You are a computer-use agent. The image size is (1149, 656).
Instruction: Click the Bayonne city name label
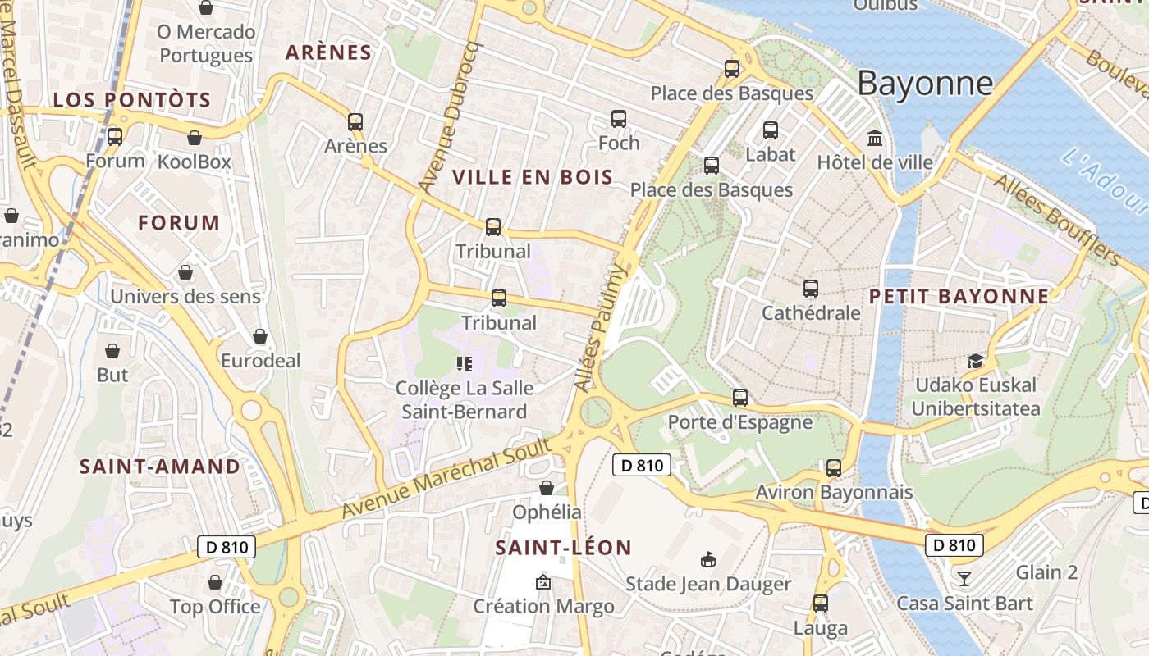(x=925, y=84)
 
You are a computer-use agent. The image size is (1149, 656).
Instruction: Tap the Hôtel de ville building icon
(x=875, y=138)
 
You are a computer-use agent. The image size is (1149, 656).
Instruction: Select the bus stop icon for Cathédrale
(x=811, y=288)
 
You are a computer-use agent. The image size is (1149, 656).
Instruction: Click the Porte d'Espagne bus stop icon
(x=740, y=398)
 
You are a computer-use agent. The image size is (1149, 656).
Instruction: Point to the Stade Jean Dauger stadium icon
(x=707, y=559)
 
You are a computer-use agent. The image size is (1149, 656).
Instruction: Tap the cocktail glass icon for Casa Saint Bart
(x=964, y=579)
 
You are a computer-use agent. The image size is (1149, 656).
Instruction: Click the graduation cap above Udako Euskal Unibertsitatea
(x=975, y=361)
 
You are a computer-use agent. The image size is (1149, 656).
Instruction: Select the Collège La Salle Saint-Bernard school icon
(x=465, y=363)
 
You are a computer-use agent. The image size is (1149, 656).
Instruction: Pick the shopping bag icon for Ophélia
(x=547, y=488)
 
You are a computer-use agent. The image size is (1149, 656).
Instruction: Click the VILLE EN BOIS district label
(x=533, y=177)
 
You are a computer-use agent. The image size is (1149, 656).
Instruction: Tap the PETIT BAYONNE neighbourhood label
(x=959, y=296)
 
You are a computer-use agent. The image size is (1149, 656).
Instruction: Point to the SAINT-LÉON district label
(x=564, y=548)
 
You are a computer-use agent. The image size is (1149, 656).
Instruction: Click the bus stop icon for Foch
(x=619, y=119)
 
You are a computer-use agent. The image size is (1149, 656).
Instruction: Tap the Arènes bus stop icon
(x=355, y=121)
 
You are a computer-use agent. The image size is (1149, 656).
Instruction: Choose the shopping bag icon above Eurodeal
(x=260, y=336)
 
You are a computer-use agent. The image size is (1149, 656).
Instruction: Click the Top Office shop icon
(x=215, y=582)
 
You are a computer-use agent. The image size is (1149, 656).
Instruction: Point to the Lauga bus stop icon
(x=821, y=604)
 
